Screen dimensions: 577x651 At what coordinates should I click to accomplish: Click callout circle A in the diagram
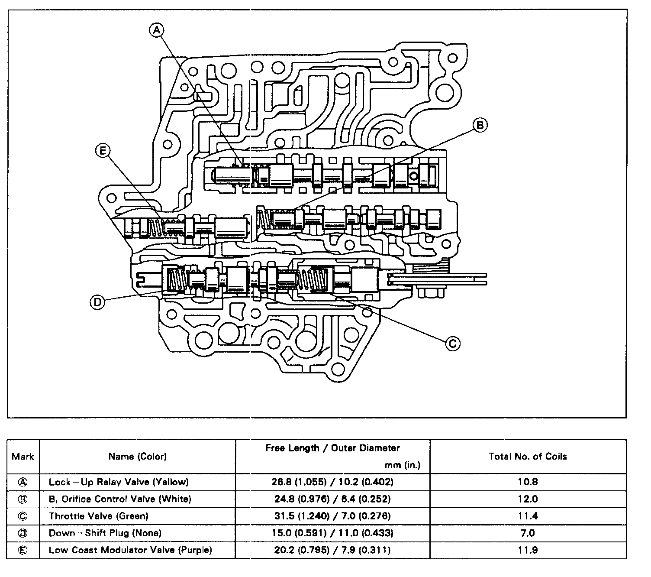157,29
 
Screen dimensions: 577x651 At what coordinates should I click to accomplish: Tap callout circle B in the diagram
480,125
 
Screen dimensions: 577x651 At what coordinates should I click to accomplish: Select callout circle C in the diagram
453,344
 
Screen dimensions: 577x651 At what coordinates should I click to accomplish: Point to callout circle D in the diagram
97,302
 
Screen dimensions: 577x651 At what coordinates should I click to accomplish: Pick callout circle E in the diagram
103,151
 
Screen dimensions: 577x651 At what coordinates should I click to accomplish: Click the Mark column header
23,456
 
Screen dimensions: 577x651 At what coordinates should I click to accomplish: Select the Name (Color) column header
138,456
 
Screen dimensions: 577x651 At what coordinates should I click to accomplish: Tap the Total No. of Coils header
528,456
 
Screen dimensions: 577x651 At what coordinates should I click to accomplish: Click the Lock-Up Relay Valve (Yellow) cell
119,482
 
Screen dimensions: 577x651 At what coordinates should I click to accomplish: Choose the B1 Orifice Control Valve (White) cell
120,499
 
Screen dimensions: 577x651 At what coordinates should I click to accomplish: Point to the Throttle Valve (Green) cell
99,516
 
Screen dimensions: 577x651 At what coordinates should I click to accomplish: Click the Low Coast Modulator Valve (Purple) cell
130,550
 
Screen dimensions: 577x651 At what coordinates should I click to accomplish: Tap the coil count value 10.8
528,482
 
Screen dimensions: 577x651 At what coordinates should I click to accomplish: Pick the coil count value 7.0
528,533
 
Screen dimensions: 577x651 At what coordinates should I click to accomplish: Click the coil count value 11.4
528,516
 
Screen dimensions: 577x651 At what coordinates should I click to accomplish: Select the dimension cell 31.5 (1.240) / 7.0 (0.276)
332,516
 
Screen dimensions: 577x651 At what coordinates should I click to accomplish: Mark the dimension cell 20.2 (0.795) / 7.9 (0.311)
332,550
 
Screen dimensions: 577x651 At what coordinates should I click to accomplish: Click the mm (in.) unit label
402,466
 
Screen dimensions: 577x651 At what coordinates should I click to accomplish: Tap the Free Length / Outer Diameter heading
332,448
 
